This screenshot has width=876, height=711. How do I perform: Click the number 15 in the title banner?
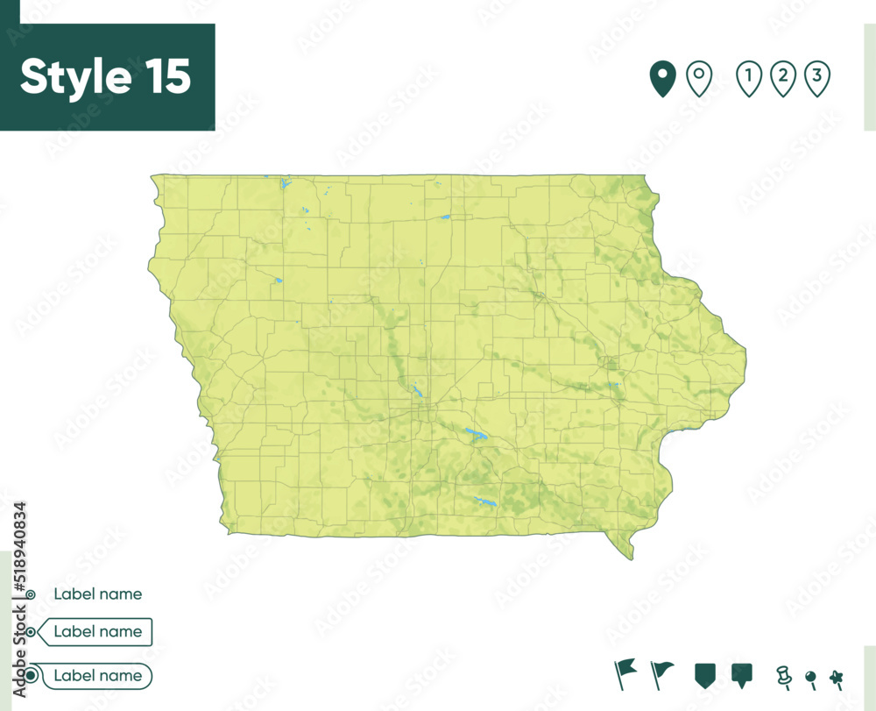(x=163, y=77)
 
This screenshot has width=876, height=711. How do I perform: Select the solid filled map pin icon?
(x=662, y=79)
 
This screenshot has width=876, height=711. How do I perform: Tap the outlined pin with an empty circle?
(x=698, y=79)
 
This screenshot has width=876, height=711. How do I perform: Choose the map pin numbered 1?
(x=749, y=79)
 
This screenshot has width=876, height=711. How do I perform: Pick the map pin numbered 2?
(x=782, y=79)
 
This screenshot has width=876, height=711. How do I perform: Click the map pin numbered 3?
(x=816, y=79)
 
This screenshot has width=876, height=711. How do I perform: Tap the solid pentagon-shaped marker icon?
(x=703, y=674)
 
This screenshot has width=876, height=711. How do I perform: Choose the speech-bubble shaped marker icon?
(x=742, y=674)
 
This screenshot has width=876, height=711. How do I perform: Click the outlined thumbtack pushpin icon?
(x=783, y=675)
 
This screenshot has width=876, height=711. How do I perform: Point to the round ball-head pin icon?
(x=810, y=677)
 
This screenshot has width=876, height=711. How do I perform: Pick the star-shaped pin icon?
(x=837, y=676)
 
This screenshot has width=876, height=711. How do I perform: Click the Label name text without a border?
(x=97, y=594)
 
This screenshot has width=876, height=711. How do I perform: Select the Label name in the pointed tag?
(x=97, y=631)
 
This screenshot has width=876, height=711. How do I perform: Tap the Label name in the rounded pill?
(x=97, y=676)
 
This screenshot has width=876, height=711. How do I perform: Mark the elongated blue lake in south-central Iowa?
(x=484, y=502)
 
